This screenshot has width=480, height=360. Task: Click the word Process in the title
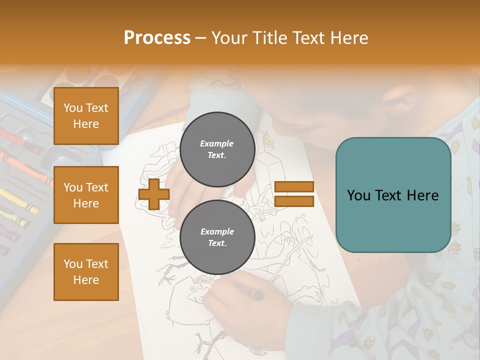pyautogui.click(x=157, y=38)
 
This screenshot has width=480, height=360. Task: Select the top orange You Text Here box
pyautogui.click(x=86, y=116)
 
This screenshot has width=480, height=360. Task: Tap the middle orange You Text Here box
pyautogui.click(x=86, y=195)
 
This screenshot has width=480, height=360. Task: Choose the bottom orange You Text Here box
pyautogui.click(x=86, y=272)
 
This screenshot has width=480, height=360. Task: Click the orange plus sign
pyautogui.click(x=153, y=194)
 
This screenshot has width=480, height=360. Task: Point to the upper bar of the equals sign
pyautogui.click(x=294, y=186)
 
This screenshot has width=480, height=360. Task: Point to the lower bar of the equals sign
pyautogui.click(x=294, y=201)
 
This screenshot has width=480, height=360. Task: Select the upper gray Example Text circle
pyautogui.click(x=217, y=149)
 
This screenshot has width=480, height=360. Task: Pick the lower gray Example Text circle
pyautogui.click(x=217, y=237)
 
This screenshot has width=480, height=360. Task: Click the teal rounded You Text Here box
pyautogui.click(x=393, y=195)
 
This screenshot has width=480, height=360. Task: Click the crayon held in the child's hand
pyautogui.click(x=256, y=294)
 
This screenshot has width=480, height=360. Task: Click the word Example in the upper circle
pyautogui.click(x=217, y=143)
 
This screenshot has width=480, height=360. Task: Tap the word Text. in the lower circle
pyautogui.click(x=217, y=243)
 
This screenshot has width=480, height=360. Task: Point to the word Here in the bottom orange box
pyautogui.click(x=86, y=280)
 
